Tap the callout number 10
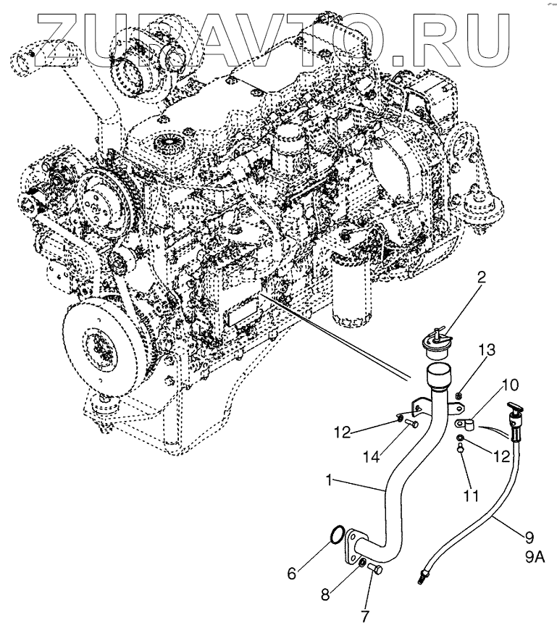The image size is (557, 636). click(510, 384)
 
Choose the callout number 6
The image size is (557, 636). click(291, 573)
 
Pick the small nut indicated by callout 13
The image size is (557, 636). click(458, 396)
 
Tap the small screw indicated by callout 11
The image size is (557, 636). click(461, 449)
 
